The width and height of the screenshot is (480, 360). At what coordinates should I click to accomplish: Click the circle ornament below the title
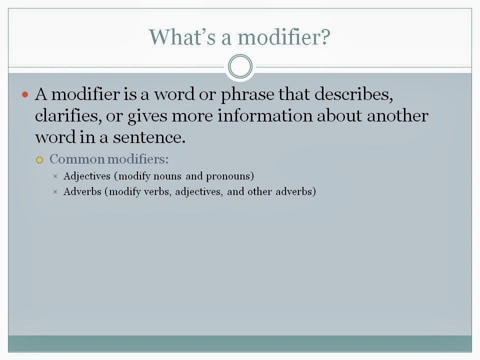click(240, 66)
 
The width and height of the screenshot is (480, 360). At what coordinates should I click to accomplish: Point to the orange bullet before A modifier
click(26, 94)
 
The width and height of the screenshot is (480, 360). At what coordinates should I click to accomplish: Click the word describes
click(357, 94)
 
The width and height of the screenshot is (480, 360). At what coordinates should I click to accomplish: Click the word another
click(397, 116)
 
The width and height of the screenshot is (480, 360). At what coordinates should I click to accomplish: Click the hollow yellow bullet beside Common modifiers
click(40, 160)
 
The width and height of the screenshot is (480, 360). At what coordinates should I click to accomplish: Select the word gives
click(148, 116)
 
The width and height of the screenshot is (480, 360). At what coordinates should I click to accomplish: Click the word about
click(340, 116)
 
